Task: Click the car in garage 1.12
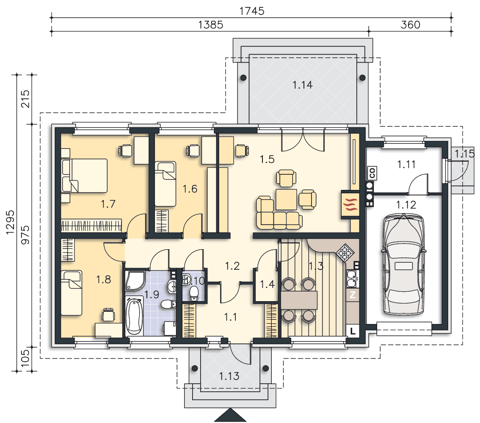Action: (403, 264)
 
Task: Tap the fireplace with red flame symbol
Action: (350, 204)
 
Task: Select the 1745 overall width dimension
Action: (251, 11)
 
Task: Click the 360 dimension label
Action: (410, 25)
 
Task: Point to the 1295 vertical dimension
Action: (10, 222)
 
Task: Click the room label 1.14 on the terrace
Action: (303, 85)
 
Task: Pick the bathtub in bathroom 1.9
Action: (134, 316)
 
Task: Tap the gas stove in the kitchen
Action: (345, 253)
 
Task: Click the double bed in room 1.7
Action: (84, 175)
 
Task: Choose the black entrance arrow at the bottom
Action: (230, 415)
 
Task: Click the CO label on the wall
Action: (372, 173)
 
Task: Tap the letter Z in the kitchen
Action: (353, 295)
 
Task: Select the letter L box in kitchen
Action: (353, 331)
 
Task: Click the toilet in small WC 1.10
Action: (194, 293)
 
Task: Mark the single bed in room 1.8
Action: (72, 293)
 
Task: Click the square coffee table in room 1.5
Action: (286, 200)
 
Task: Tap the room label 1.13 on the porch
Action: (229, 376)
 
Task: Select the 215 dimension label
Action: (25, 99)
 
